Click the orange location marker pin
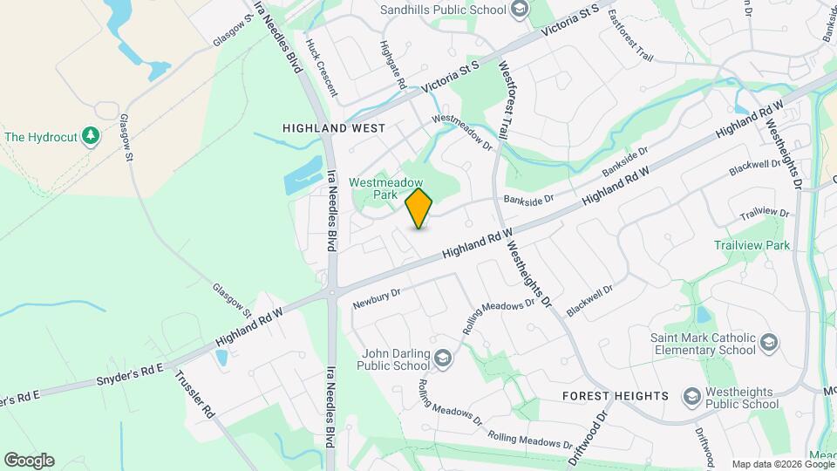click(x=418, y=208)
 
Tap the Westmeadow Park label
click(x=374, y=189)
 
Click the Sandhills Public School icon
click(x=521, y=10)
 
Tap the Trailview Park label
click(x=752, y=245)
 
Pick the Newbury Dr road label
click(x=376, y=299)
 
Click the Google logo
click(x=29, y=460)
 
